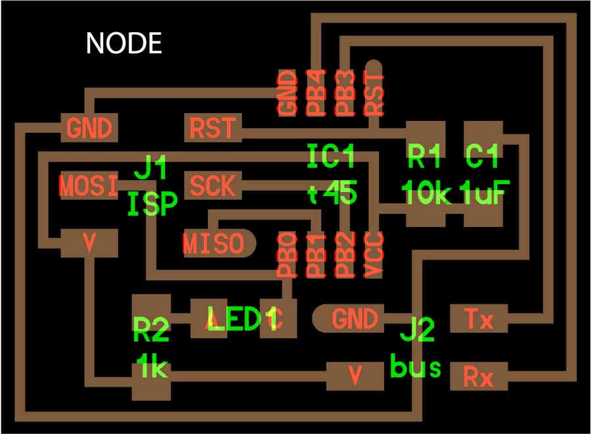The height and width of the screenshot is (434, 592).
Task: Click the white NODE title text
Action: point(124,43)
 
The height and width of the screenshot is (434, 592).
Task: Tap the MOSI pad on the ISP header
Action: point(88,185)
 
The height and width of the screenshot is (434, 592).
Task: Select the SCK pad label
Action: point(212,186)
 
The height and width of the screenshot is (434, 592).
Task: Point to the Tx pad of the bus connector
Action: point(479,320)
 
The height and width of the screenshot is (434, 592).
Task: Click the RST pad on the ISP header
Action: point(212,128)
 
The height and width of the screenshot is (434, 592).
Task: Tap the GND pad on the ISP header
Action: point(89,128)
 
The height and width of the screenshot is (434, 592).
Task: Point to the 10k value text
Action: point(427,195)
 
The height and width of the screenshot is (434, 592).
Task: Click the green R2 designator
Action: point(151,329)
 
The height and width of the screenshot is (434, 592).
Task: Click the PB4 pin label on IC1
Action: point(316,93)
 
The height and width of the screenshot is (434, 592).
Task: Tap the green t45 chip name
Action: point(332,194)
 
